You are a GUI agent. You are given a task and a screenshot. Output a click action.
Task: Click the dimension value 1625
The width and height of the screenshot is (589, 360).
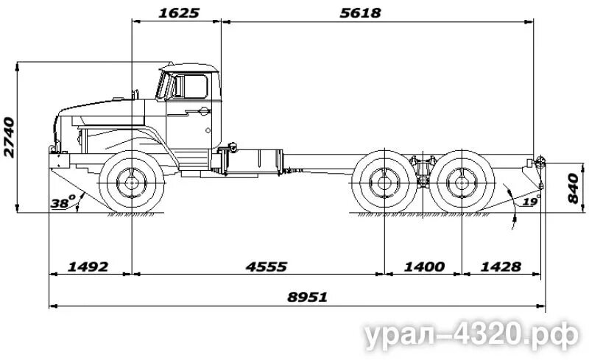[177, 13]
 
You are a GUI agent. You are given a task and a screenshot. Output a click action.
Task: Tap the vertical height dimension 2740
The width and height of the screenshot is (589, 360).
[9, 137]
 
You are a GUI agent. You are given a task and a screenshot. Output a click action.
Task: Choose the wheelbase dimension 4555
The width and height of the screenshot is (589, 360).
[266, 266]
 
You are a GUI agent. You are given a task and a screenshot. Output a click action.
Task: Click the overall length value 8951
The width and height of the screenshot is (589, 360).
[307, 297]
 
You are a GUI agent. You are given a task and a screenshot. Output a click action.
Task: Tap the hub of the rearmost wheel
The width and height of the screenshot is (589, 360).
[462, 182]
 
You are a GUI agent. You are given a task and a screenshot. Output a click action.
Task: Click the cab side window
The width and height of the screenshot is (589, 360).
[194, 86]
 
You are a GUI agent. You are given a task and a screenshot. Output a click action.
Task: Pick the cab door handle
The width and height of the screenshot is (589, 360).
[202, 111]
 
